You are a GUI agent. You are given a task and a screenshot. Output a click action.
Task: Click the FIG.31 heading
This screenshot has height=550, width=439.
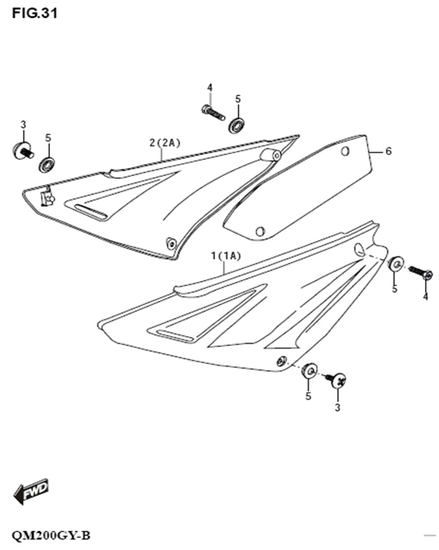pyautogui.click(x=34, y=13)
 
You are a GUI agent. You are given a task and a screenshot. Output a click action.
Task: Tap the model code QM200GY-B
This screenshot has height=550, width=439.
pyautogui.click(x=51, y=535)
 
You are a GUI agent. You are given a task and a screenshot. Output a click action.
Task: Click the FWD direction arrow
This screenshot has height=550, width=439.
pyautogui.click(x=30, y=491)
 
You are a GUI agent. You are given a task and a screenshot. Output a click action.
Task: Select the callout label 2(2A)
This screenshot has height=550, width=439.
pyautogui.click(x=165, y=143)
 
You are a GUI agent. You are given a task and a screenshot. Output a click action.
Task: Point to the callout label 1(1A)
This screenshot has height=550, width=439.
pyautogui.click(x=226, y=256)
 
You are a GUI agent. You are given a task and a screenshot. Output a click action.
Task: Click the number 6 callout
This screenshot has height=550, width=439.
pyautogui.click(x=388, y=151)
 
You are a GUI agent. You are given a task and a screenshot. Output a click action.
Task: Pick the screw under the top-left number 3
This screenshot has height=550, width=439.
pyautogui.click(x=23, y=151)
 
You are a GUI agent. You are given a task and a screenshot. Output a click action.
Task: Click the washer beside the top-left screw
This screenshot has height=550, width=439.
pyautogui.click(x=47, y=165)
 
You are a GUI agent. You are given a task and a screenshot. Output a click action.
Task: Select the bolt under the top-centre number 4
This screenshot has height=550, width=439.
pyautogui.click(x=213, y=112)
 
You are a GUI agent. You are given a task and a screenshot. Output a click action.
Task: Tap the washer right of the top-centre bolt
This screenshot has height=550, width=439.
pyautogui.click(x=238, y=125)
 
